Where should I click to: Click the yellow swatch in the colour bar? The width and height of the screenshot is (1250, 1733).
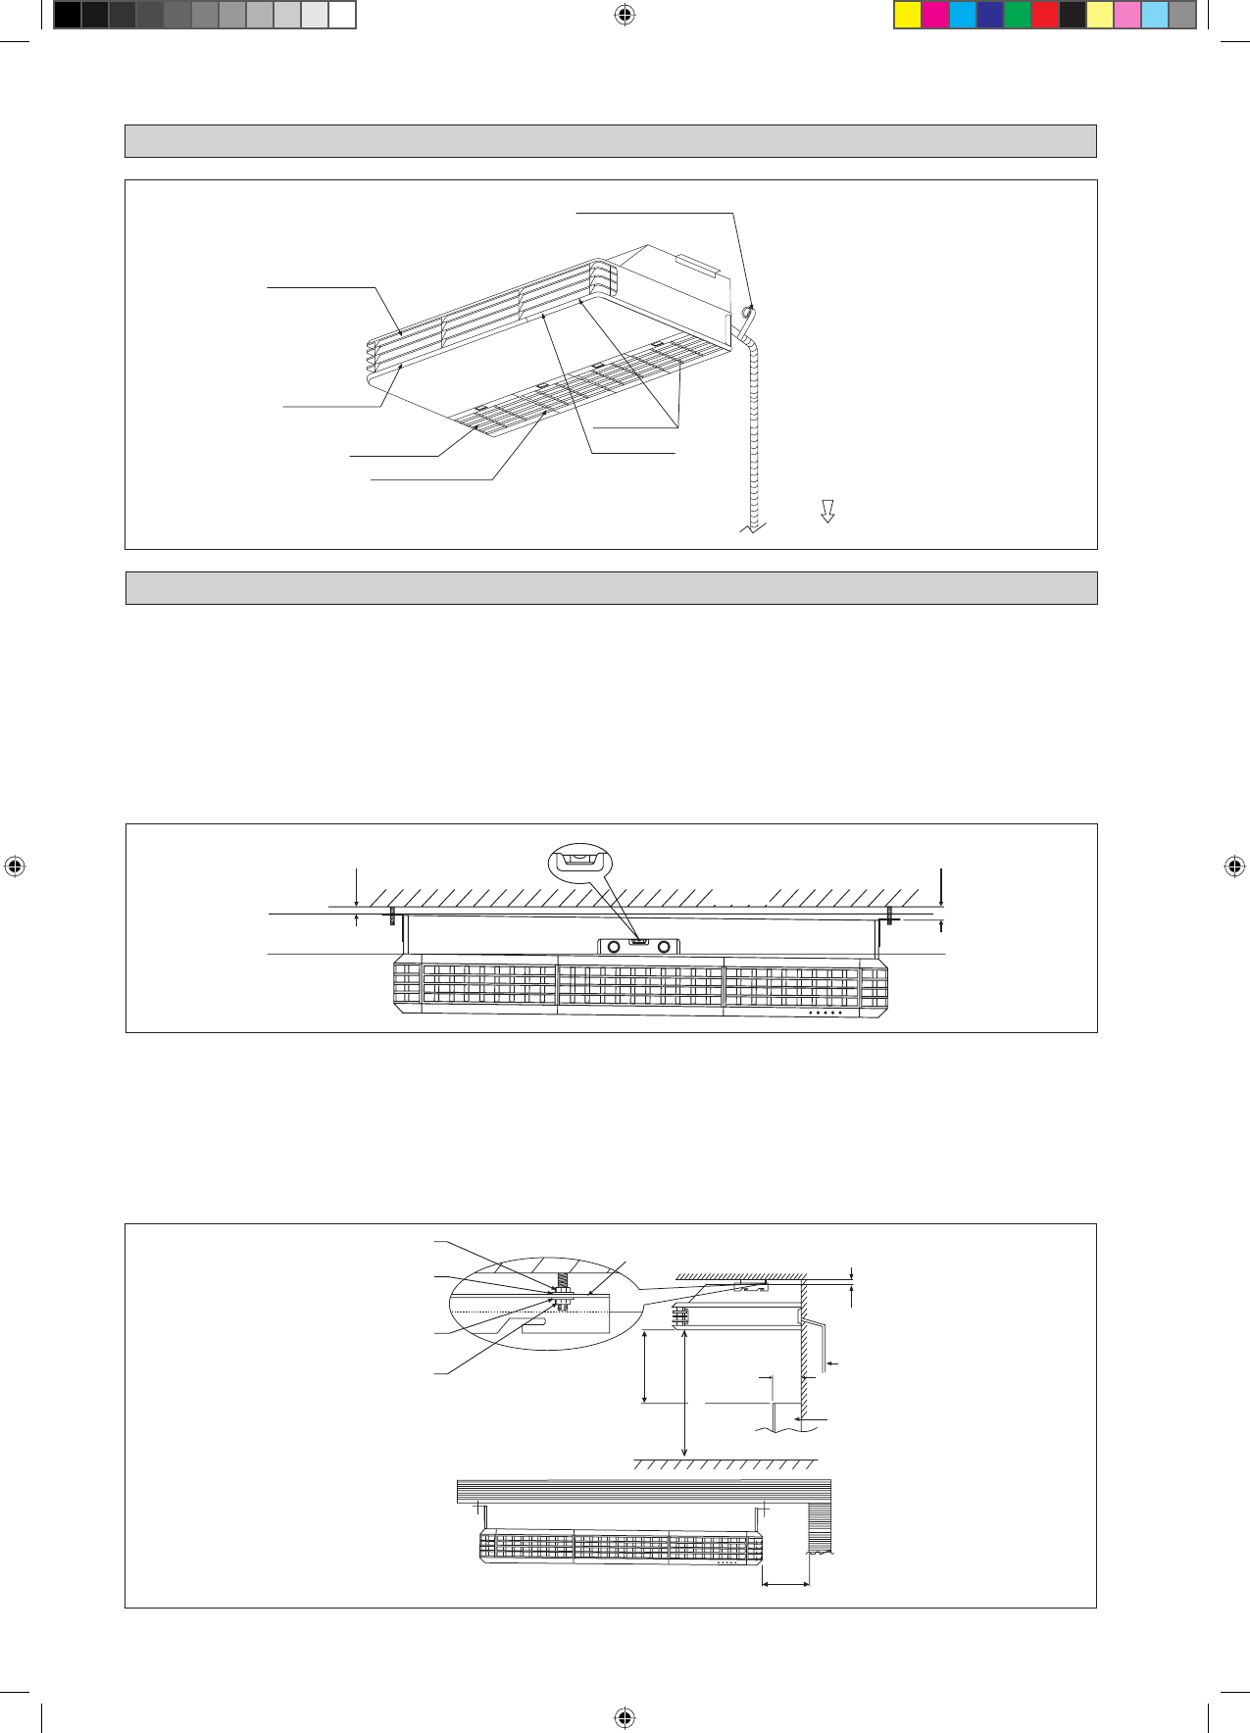(908, 15)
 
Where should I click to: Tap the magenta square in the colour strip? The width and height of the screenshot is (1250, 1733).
(935, 15)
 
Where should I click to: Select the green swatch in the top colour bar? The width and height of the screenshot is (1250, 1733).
(1018, 15)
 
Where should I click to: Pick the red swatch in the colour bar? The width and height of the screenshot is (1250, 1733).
(1045, 15)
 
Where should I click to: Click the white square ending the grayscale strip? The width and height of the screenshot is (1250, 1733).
(341, 15)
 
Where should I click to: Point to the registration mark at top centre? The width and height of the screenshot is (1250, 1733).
(625, 15)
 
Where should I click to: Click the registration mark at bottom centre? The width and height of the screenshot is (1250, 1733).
(625, 1717)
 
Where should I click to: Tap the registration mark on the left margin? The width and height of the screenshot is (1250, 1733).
(15, 866)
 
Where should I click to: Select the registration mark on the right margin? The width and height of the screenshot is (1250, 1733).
(1234, 866)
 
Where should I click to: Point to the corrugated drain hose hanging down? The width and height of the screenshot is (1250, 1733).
(753, 441)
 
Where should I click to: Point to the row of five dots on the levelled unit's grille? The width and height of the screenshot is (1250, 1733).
(825, 1014)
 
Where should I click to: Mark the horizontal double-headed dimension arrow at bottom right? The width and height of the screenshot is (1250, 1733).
(785, 1583)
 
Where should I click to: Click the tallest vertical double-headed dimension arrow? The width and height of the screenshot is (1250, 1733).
(684, 1392)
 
